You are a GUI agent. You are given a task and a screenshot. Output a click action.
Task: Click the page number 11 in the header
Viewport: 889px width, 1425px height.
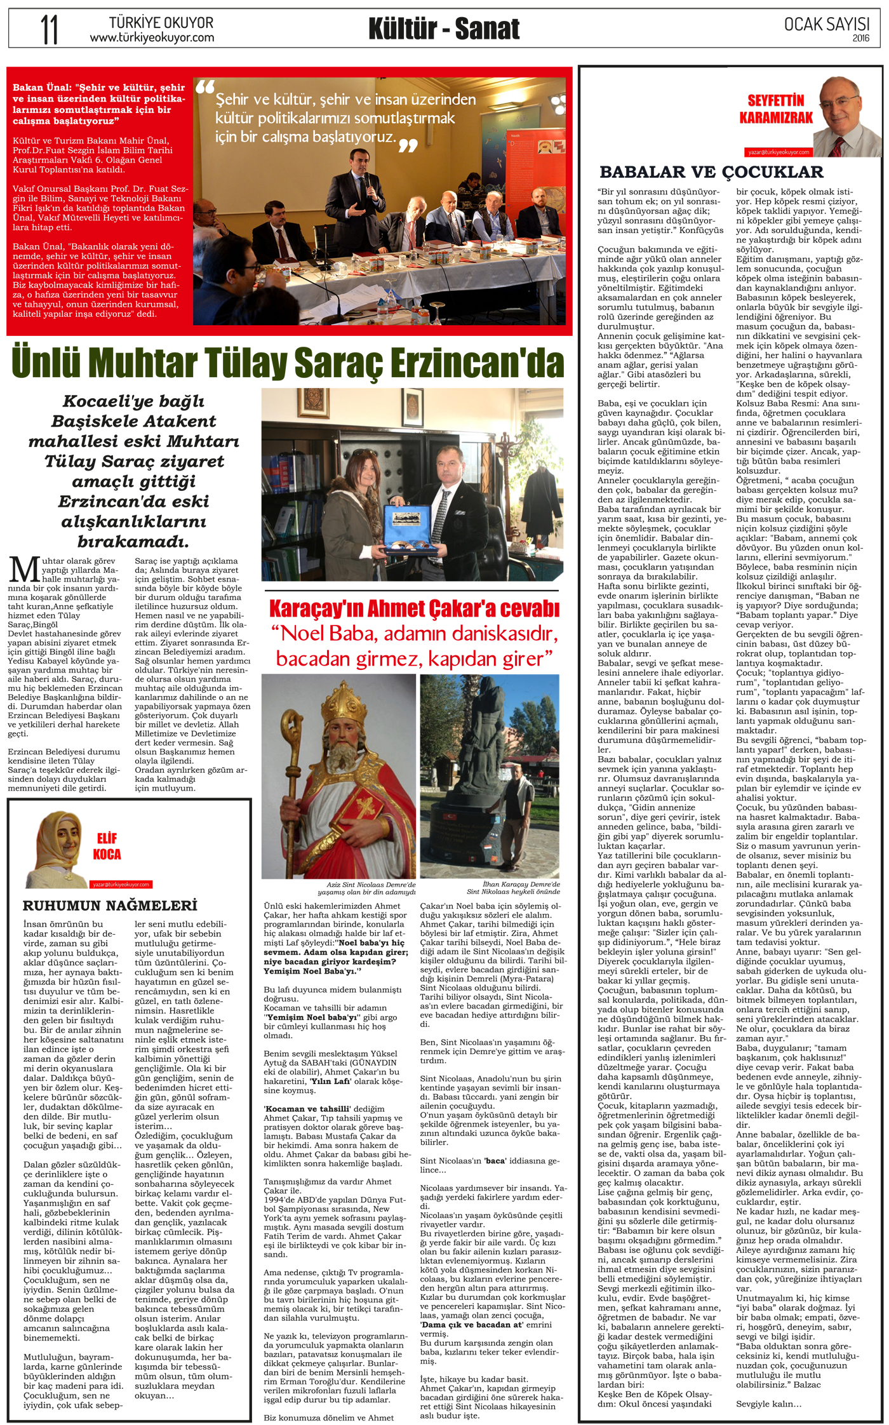[x=49, y=29]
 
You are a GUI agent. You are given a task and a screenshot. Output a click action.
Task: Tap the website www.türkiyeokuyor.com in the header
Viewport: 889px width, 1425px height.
[x=152, y=38]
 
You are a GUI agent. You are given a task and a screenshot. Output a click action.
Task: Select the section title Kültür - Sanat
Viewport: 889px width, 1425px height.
[x=444, y=29]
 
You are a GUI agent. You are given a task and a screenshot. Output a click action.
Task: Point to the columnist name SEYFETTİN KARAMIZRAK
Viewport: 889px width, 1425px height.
[x=776, y=109]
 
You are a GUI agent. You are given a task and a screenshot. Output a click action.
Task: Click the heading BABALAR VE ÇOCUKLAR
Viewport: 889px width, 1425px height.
[x=711, y=172]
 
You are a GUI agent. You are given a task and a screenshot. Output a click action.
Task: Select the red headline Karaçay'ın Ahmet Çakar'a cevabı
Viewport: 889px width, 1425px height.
[x=414, y=608]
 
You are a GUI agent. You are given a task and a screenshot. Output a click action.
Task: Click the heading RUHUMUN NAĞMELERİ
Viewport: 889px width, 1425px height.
[x=110, y=905]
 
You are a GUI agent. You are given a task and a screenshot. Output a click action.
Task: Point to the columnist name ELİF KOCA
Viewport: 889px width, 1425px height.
[x=107, y=846]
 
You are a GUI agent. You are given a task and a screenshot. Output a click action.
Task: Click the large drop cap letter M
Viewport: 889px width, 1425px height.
[x=24, y=569]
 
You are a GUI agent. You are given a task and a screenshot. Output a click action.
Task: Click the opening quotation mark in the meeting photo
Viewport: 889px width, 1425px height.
[x=205, y=87]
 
